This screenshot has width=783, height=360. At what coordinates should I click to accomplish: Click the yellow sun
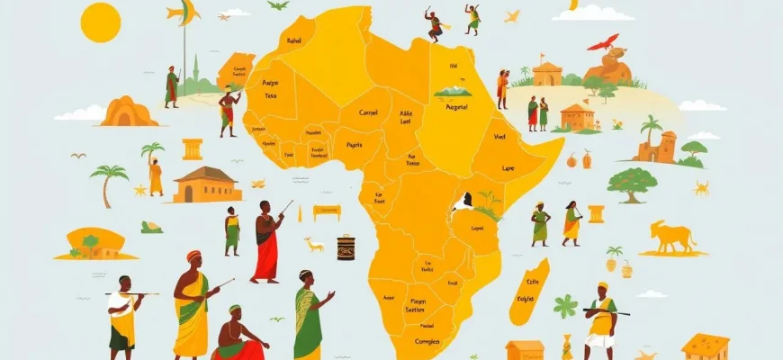[100, 22]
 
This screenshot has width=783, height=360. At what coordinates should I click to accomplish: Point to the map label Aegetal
[457, 106]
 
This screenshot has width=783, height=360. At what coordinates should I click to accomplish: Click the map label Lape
[509, 167]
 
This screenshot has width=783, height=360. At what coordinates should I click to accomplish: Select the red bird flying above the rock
[603, 41]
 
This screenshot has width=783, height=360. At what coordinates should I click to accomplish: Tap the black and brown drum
[346, 247]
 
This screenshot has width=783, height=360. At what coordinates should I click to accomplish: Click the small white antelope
[313, 243]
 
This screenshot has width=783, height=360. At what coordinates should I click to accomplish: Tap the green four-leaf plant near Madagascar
[565, 307]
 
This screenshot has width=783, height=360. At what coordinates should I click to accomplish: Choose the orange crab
[701, 187]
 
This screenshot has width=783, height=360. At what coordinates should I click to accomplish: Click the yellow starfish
[139, 190]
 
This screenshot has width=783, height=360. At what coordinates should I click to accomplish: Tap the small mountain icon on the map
[453, 91]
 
